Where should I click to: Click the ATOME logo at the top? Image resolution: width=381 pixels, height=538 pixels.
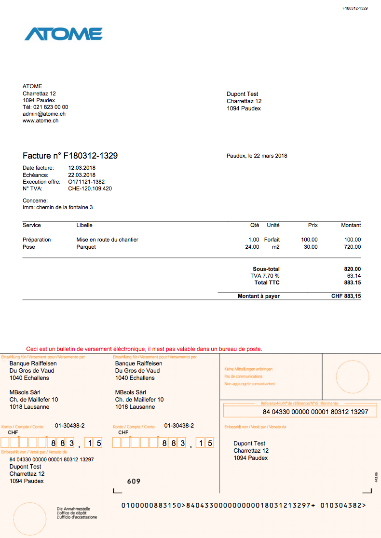click(63, 34)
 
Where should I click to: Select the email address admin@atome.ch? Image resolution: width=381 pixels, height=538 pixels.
click(44, 114)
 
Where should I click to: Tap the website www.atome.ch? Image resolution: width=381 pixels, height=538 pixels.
click(41, 121)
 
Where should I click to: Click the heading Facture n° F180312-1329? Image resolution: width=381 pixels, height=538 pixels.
click(70, 156)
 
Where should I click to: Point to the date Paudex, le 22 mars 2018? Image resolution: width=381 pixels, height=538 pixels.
click(257, 156)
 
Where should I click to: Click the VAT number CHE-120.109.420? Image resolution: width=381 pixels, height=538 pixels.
click(90, 188)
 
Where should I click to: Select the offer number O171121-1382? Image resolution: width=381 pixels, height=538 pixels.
click(90, 182)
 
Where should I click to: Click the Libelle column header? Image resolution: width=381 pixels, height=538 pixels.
click(84, 225)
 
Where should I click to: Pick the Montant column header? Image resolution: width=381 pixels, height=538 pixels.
click(351, 225)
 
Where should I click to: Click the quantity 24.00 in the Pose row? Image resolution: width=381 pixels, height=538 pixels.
click(252, 247)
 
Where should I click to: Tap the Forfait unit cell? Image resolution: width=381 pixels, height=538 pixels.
click(272, 240)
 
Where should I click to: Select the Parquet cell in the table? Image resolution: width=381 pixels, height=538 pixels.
click(86, 247)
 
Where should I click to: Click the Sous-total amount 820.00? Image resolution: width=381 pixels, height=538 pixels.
click(352, 269)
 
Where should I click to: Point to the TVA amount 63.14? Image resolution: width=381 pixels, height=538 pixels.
click(354, 276)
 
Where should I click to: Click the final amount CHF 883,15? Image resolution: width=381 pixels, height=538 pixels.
click(346, 296)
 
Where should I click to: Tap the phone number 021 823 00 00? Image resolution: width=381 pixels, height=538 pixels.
click(51, 107)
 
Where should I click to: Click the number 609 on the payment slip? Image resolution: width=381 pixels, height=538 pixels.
click(134, 481)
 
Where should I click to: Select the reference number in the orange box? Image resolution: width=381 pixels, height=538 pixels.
click(315, 412)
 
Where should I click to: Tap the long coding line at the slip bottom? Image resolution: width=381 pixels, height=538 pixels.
click(243, 505)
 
